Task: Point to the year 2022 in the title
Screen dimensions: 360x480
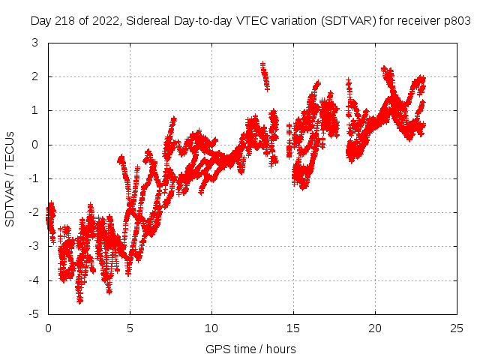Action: pos(103,22)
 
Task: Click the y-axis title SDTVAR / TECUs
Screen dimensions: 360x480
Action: pos(10,178)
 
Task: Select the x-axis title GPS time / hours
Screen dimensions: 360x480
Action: pos(250,349)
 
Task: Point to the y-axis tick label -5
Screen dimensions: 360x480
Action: pos(33,314)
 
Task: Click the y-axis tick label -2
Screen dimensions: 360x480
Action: pos(33,212)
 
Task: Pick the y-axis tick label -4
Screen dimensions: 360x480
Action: pos(33,280)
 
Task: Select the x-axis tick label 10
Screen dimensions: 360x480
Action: pos(211,328)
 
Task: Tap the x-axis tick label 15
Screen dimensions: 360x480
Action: pos(293,328)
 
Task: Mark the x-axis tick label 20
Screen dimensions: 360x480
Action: pos(375,328)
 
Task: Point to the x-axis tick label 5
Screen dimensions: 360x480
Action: pos(130,328)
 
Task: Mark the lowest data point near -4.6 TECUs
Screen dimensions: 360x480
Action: pos(80,300)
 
